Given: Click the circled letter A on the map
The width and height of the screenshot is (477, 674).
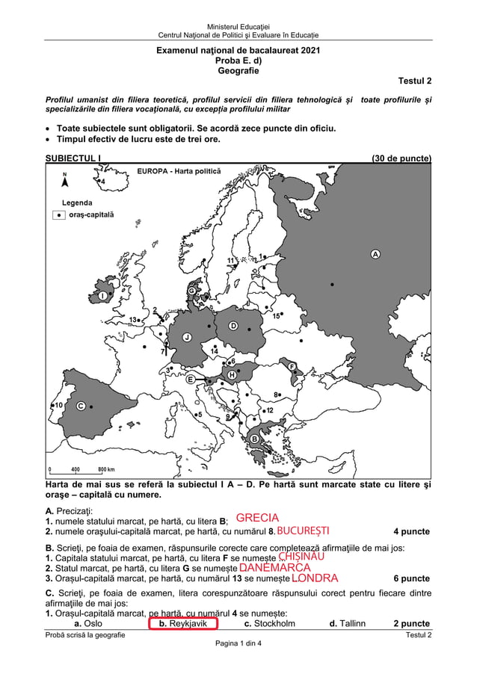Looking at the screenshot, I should pyautogui.click(x=375, y=254).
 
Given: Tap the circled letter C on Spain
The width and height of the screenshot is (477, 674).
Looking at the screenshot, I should pyautogui.click(x=80, y=406).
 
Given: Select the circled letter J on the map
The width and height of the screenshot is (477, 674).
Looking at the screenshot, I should pyautogui.click(x=187, y=337).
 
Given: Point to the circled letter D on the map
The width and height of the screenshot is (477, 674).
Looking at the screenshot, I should pyautogui.click(x=233, y=326).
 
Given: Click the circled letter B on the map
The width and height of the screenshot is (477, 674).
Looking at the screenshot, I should pyautogui.click(x=254, y=439).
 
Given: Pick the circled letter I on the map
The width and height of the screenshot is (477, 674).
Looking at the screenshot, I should pyautogui.click(x=102, y=296).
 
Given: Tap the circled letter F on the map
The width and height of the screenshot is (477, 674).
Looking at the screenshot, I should pyautogui.click(x=292, y=366).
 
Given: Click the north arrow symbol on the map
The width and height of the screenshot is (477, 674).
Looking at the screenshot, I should pyautogui.click(x=65, y=183).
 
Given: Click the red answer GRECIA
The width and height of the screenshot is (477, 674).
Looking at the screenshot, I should pyautogui.click(x=257, y=518).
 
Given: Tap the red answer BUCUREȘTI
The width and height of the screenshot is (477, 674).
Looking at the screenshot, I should pyautogui.click(x=303, y=531).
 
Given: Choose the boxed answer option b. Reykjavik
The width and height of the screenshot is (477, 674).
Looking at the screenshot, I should pyautogui.click(x=183, y=623).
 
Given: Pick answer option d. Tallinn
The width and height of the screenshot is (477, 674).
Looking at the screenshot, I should pyautogui.click(x=348, y=623).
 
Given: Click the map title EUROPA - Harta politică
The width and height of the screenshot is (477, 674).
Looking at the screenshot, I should pyautogui.click(x=179, y=172).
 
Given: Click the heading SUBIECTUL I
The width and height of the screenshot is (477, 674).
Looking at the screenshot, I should pyautogui.click(x=73, y=158).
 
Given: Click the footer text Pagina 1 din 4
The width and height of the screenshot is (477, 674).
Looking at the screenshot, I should pyautogui.click(x=238, y=643).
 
